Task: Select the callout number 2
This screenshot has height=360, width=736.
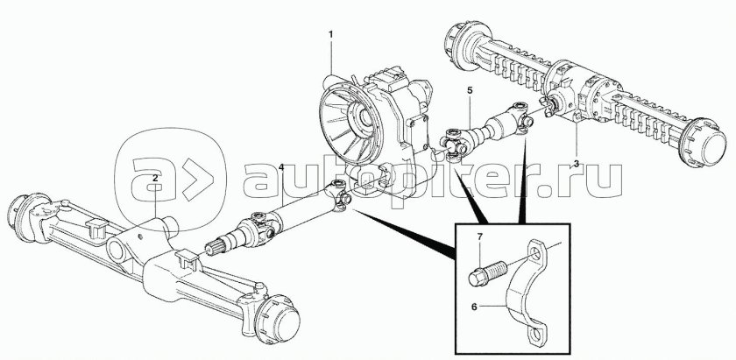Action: click(x=154, y=178)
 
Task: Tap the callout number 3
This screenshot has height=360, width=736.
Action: click(x=577, y=164)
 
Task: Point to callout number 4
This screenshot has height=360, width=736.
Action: click(x=280, y=167)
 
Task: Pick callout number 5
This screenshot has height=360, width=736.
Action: click(x=470, y=90)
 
